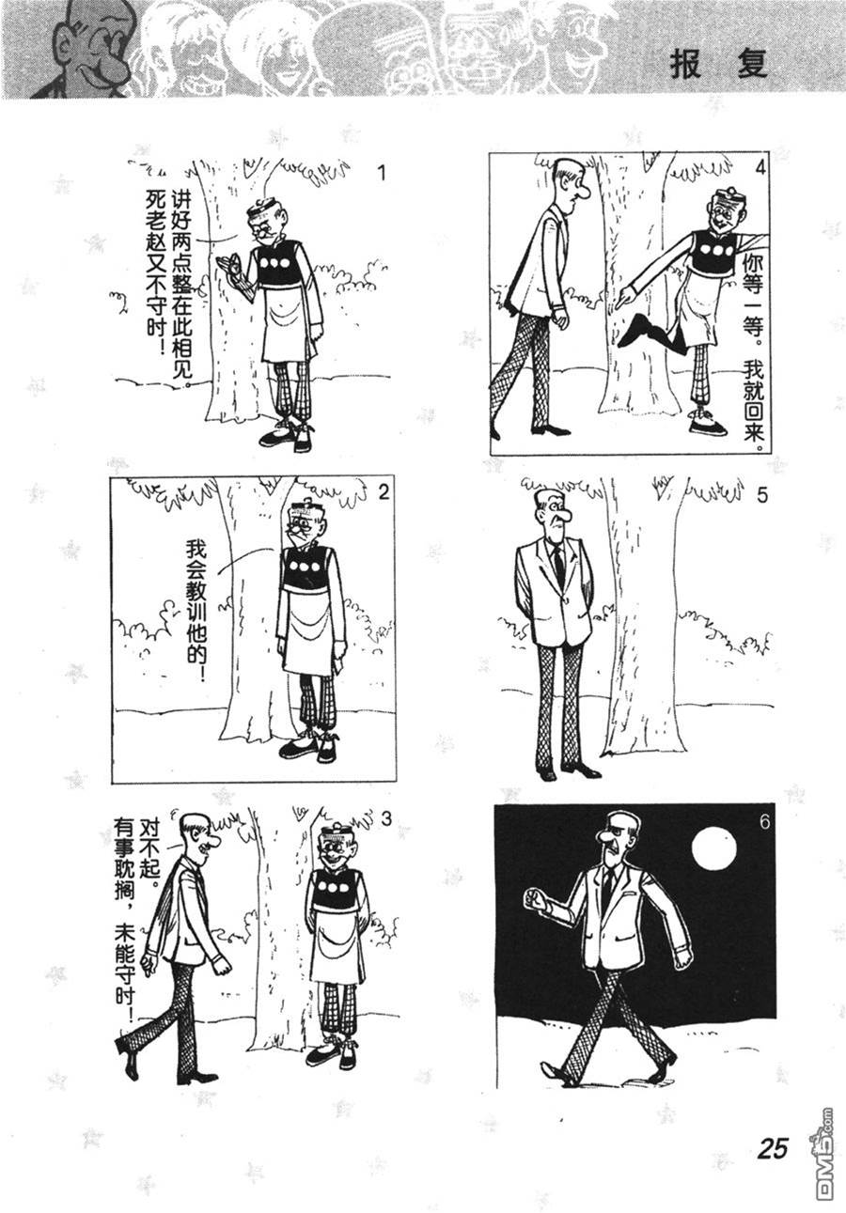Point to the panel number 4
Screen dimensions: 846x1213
pos(760,168)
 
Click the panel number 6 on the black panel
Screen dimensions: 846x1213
pos(763,821)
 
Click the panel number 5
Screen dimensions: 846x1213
pos(762,495)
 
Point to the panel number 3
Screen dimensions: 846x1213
pos(385,819)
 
